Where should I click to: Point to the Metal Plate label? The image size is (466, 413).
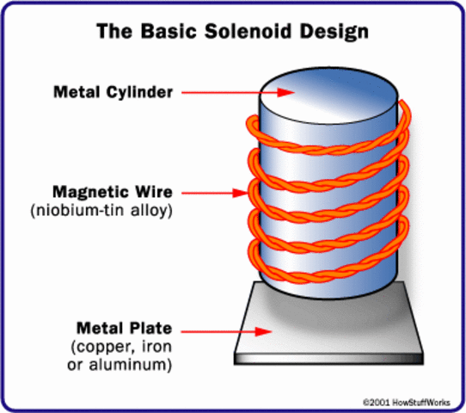pyautogui.click(x=113, y=328)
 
